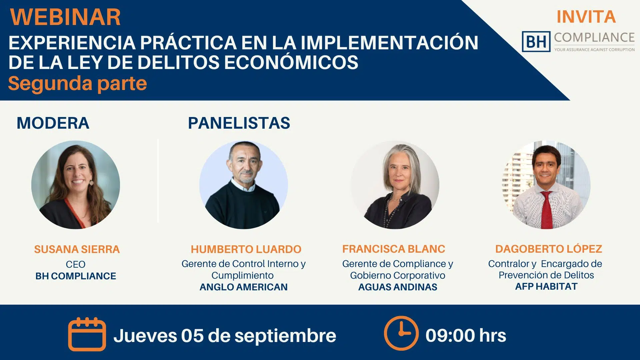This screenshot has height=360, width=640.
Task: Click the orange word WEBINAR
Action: pos(65,17)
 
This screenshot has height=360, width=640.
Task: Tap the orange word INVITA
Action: pos(586,17)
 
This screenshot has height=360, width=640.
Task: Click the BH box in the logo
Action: pos(536,42)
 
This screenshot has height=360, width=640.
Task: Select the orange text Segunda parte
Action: pos(77,83)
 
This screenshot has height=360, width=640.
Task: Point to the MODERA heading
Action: pos(53,123)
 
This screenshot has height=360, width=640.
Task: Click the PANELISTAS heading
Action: pos(239,123)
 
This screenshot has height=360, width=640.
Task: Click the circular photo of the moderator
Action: pos(76,185)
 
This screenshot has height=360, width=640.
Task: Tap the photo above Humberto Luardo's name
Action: pos(244,185)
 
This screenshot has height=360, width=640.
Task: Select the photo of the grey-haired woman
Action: pos(395,185)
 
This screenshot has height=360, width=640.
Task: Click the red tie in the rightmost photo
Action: pos(547,210)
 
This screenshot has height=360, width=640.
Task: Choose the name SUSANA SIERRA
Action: pos(77,249)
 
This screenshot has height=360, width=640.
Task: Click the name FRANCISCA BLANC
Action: pos(394,249)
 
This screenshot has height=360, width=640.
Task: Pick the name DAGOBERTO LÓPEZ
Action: pos(549,249)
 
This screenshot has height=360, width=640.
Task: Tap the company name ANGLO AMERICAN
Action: pos(244,287)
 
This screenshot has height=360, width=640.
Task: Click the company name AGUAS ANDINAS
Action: pos(398,287)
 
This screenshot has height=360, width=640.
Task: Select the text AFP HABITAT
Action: pos(546,286)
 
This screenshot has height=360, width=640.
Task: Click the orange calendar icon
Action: pos(87,334)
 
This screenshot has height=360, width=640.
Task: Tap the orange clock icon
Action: pos(401,333)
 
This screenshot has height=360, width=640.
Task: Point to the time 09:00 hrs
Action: pos(466,335)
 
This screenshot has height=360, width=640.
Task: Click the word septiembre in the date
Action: pos(285,336)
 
